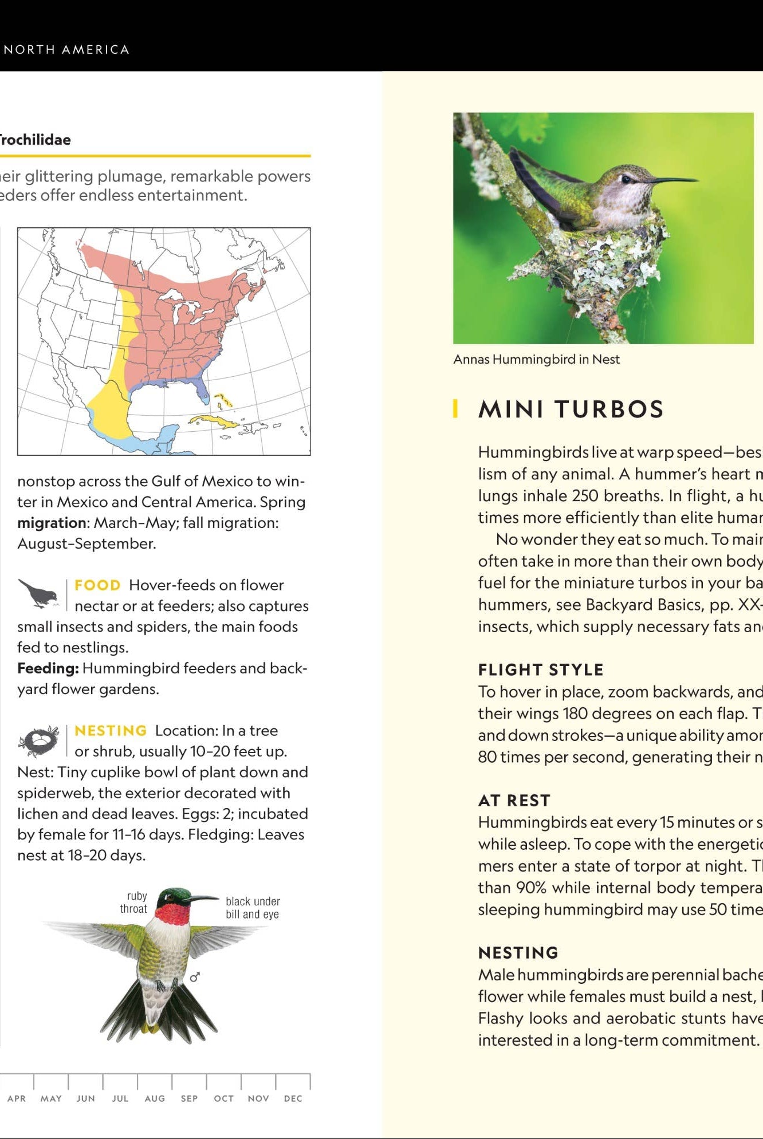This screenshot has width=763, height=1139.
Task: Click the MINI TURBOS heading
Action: click(571, 409)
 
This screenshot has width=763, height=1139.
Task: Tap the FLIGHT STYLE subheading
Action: click(541, 669)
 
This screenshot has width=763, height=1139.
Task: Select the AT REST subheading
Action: click(514, 800)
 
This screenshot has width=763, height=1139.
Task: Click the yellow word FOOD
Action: click(97, 585)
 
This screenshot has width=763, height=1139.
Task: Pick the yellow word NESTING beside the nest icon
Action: click(111, 731)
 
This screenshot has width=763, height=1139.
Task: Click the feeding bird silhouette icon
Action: click(38, 593)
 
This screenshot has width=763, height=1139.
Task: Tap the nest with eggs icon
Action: click(38, 741)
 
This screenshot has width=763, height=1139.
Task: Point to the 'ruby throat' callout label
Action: click(135, 902)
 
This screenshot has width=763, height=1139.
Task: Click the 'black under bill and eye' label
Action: click(253, 908)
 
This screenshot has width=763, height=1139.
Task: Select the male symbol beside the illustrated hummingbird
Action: click(195, 977)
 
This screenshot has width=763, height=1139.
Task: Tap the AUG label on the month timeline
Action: click(155, 1098)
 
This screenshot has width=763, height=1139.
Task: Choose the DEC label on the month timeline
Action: click(293, 1098)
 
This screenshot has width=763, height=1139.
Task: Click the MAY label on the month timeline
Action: click(51, 1098)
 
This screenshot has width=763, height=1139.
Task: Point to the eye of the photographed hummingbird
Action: click(626, 179)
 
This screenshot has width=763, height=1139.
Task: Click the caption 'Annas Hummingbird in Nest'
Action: click(536, 360)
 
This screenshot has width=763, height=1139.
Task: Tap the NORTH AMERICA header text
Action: click(66, 50)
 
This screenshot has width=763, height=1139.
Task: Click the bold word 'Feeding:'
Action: click(48, 668)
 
